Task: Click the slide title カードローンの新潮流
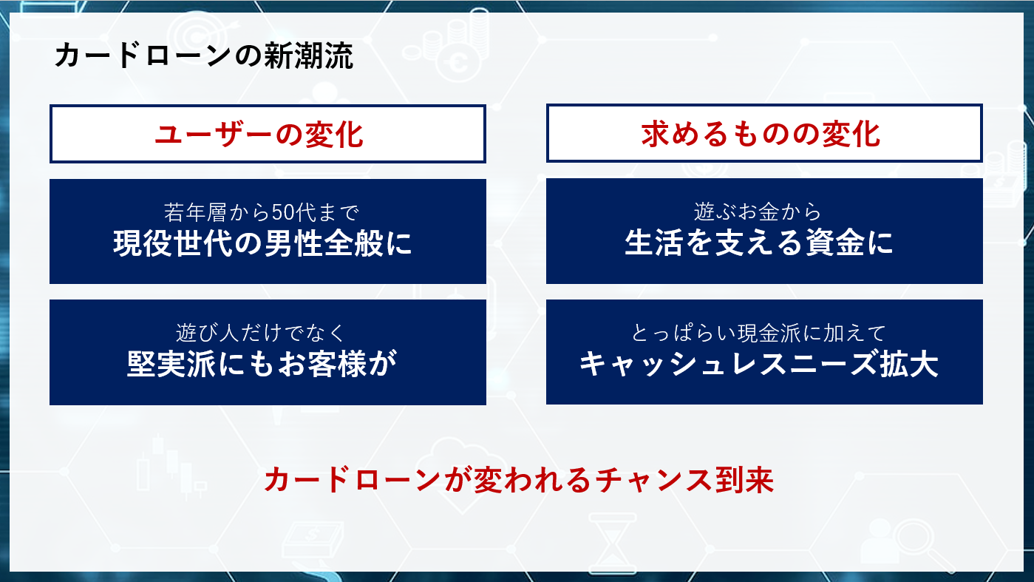(203, 56)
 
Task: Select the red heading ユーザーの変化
(259, 135)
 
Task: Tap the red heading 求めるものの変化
(761, 135)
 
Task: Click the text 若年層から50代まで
(261, 212)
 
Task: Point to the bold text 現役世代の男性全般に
(262, 243)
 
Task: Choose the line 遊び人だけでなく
(261, 333)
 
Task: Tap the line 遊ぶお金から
(758, 212)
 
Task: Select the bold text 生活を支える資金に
(759, 243)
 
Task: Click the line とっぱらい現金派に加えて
(758, 333)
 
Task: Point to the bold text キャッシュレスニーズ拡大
(759, 364)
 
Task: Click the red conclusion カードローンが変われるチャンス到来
(519, 480)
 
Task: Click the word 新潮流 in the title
(308, 56)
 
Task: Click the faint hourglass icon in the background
(613, 543)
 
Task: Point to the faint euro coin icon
(459, 62)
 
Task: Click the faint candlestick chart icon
(171, 467)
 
